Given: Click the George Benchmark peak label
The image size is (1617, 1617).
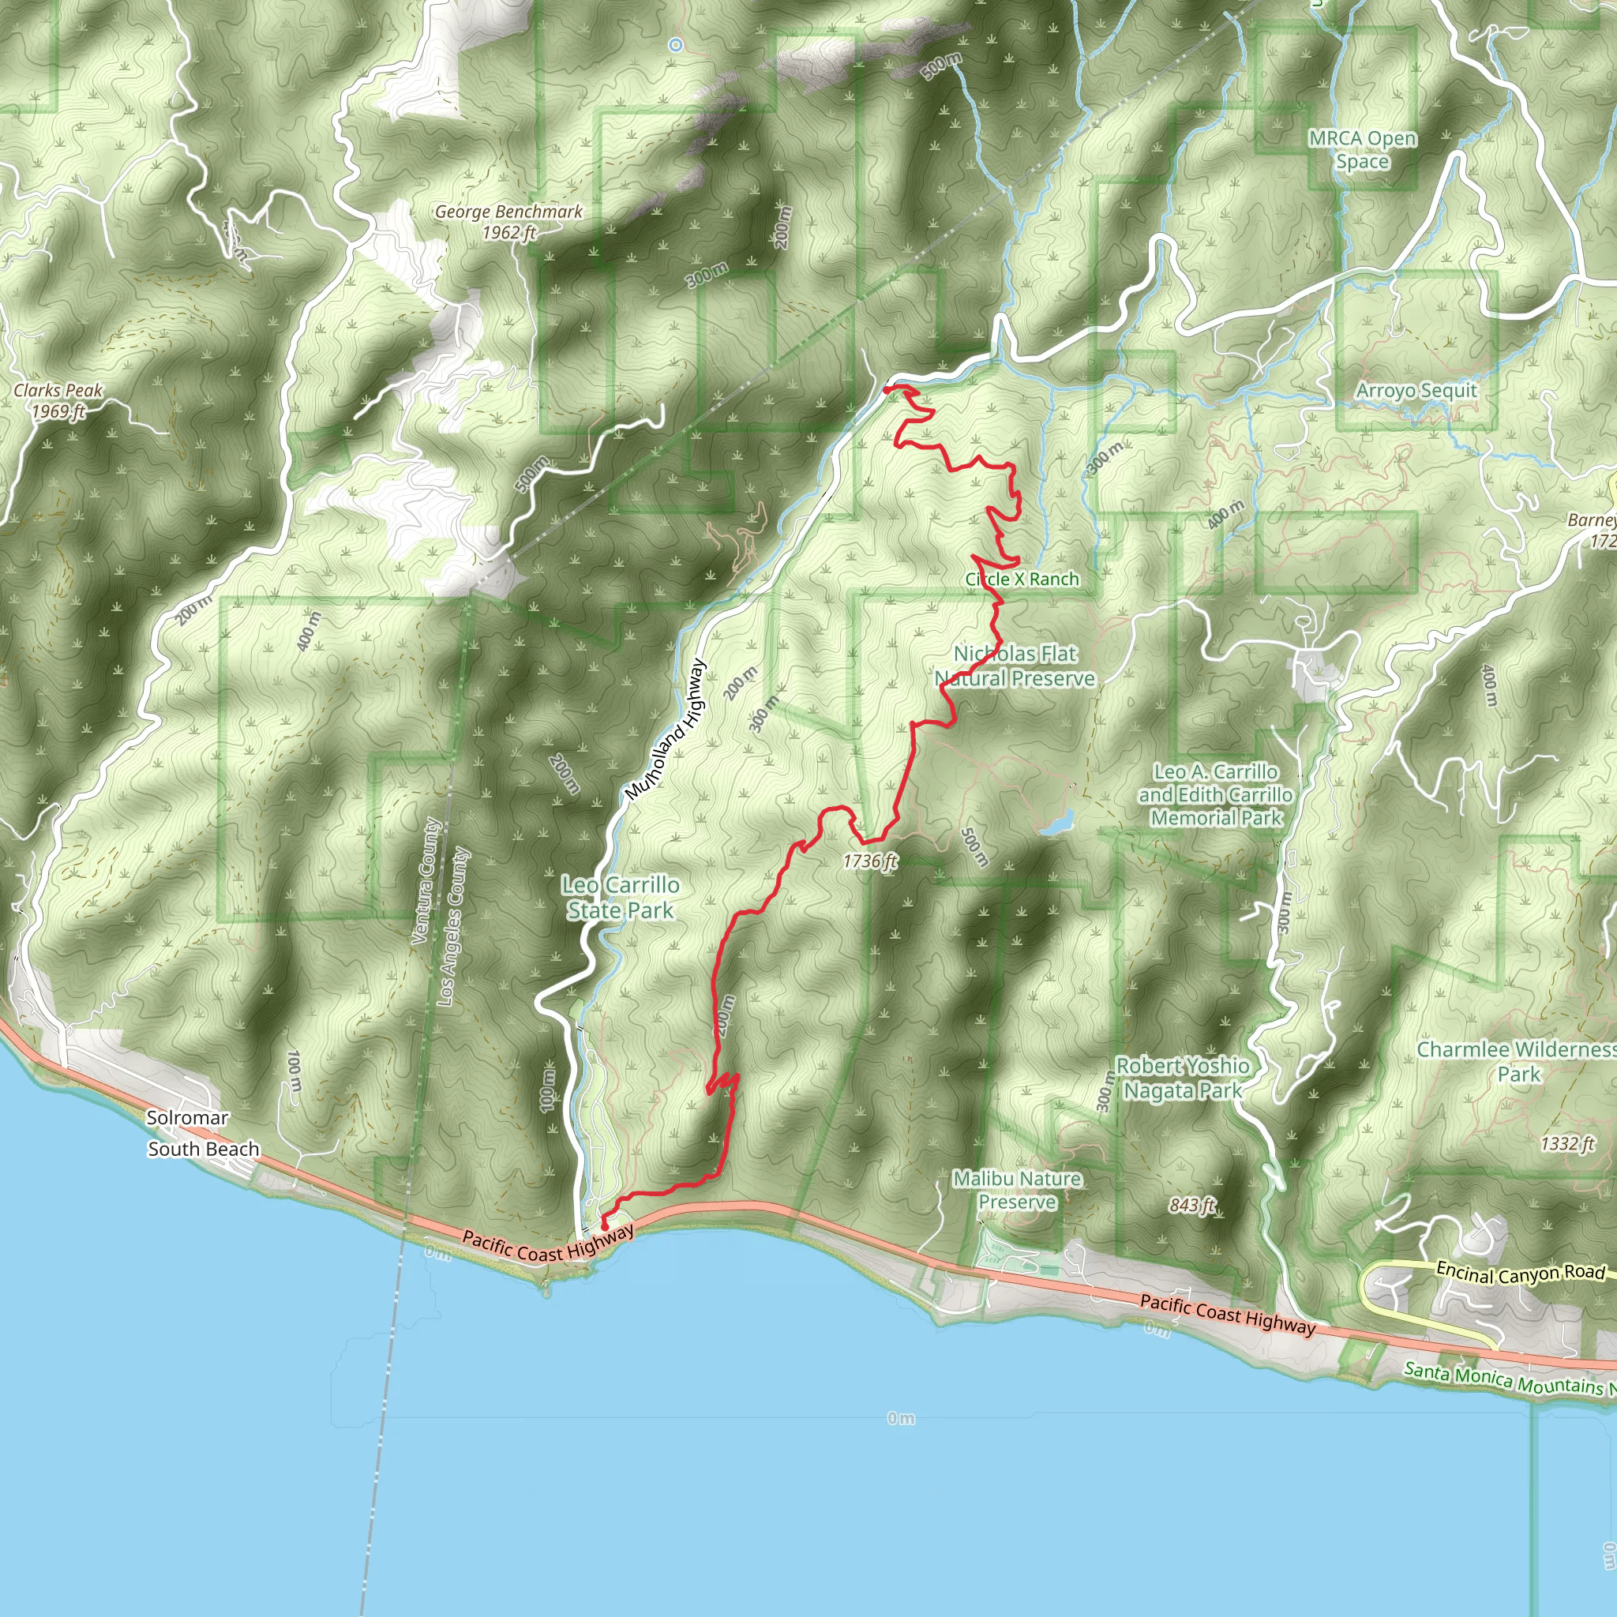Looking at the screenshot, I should (x=508, y=222).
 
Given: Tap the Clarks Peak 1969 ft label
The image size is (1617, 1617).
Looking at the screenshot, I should (x=58, y=400).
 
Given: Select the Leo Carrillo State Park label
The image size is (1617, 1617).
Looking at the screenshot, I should (x=620, y=897).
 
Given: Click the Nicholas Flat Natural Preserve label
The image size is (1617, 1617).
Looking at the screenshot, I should (x=1015, y=666).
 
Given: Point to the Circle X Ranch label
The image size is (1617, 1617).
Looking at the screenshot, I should (x=1022, y=580).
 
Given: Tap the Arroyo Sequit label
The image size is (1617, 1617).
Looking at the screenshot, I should (x=1416, y=391).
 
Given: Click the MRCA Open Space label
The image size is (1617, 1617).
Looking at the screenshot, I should (x=1363, y=150).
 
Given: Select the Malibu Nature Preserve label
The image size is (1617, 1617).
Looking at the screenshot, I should (x=1017, y=1190).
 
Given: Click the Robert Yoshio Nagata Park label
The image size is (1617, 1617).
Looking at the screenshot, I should (x=1183, y=1078).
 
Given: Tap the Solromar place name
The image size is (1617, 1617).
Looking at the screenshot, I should (x=187, y=1117).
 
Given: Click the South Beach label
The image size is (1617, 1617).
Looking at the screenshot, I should (x=204, y=1149).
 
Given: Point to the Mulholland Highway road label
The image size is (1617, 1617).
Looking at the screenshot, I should (x=666, y=729).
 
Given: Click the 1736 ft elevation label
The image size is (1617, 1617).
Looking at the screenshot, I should (x=869, y=861).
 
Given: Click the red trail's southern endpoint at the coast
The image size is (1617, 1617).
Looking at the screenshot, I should (x=604, y=1227).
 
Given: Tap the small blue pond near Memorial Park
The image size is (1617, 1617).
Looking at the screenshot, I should (x=1057, y=824).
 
